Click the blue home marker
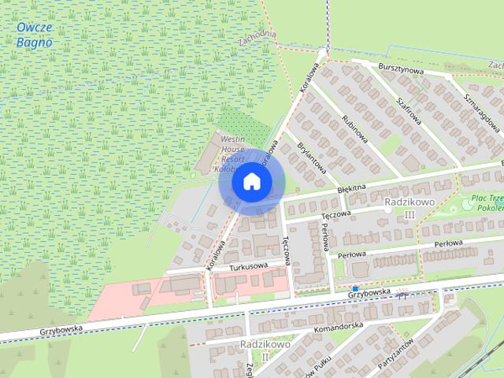tap(251, 181)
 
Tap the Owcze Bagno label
tap(34, 35)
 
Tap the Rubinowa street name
tap(355, 126)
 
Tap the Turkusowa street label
tap(249, 267)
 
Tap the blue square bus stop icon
tap(356, 289)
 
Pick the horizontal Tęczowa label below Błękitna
tap(335, 213)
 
